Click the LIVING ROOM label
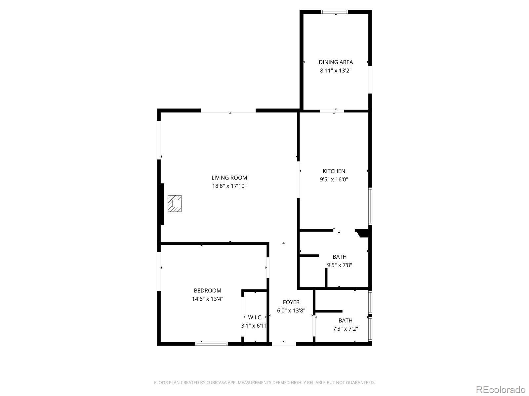point(229,178)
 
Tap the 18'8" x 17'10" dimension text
point(229,186)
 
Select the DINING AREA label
point(336,62)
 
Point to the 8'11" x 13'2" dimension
point(336,70)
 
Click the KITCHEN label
point(334,171)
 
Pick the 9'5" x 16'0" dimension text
point(334,180)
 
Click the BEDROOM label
point(207,291)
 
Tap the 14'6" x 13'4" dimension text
point(207,299)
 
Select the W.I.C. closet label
point(255,317)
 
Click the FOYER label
point(291,302)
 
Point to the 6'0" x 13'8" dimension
point(291,311)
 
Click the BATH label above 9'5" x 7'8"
point(340,257)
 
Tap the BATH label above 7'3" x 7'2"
point(345,320)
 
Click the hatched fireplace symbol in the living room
point(175,204)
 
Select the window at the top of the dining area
point(334,12)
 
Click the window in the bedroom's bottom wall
point(212,344)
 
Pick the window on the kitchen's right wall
point(370,206)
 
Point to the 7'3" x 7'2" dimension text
point(345,329)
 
